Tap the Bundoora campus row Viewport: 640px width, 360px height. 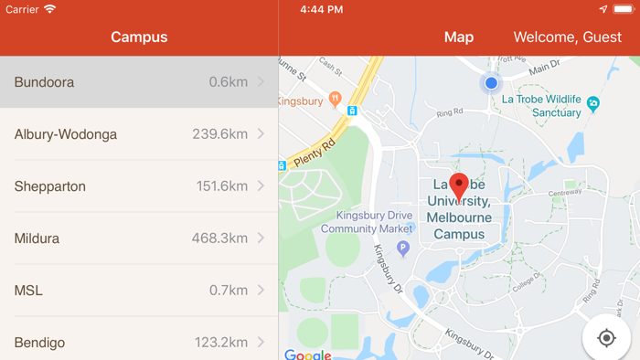pyautogui.click(x=137, y=82)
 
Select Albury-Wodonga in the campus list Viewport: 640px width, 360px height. pyautogui.click(x=66, y=134)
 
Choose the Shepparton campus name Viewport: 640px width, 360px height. pyautogui.click(x=50, y=186)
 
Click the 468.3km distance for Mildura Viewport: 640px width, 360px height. pyautogui.click(x=219, y=238)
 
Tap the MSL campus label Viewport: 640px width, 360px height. pyautogui.click(x=28, y=291)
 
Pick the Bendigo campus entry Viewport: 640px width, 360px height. pyautogui.click(x=40, y=343)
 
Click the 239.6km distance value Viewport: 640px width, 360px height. pyautogui.click(x=219, y=134)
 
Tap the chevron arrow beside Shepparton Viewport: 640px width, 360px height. pyautogui.click(x=261, y=186)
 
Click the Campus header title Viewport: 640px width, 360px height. pyautogui.click(x=139, y=37)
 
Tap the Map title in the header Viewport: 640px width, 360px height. pyautogui.click(x=459, y=37)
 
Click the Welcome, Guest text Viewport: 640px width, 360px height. pyautogui.click(x=568, y=37)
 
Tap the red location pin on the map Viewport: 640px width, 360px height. pyautogui.click(x=459, y=186)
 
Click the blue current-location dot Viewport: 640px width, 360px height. pyautogui.click(x=491, y=83)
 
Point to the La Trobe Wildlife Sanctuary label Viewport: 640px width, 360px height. pyautogui.click(x=543, y=106)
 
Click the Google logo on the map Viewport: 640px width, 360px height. pyautogui.click(x=307, y=355)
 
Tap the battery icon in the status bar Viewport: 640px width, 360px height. pyautogui.click(x=624, y=9)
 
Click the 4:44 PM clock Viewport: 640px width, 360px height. pyautogui.click(x=322, y=9)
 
